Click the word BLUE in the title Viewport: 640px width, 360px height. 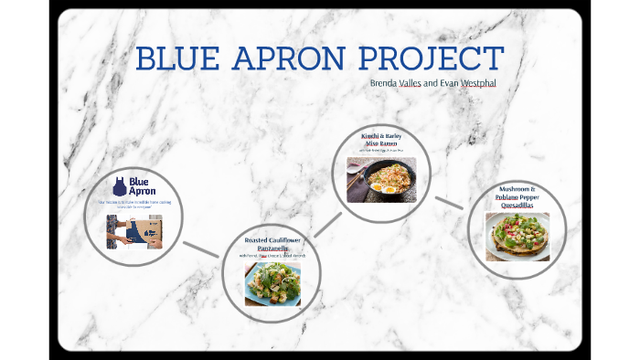174,59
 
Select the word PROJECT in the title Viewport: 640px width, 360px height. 431,59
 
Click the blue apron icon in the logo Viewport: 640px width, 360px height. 120,186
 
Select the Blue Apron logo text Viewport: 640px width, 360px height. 143,186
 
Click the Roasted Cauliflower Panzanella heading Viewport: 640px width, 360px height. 272,244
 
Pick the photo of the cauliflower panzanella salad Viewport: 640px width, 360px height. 272,284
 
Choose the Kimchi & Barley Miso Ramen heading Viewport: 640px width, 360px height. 381,140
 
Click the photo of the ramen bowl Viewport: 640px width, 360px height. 380,179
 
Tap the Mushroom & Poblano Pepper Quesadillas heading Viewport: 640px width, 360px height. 517,196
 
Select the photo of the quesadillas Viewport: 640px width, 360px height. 517,237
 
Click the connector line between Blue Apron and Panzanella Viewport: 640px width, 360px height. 200,249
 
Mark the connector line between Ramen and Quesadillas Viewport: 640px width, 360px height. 449,203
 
